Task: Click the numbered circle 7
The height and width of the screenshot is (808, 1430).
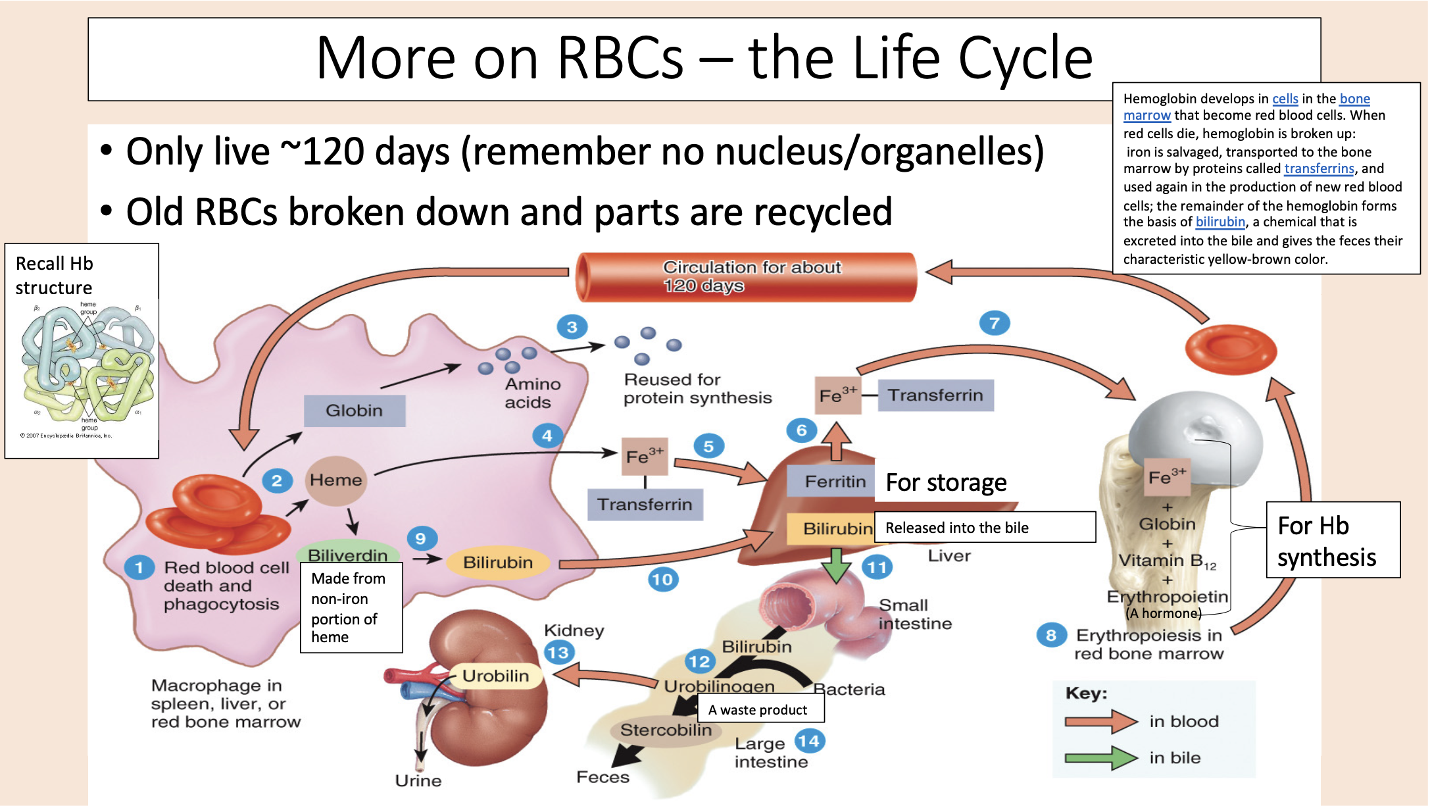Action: pyautogui.click(x=994, y=323)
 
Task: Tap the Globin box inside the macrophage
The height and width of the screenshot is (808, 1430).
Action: pyautogui.click(x=354, y=411)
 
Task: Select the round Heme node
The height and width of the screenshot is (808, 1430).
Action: pyautogui.click(x=335, y=480)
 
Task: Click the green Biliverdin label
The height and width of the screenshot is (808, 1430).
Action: pyautogui.click(x=347, y=555)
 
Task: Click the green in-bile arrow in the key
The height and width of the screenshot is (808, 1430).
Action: pyautogui.click(x=1101, y=758)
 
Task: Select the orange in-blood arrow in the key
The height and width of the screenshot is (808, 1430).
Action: pyautogui.click(x=1101, y=721)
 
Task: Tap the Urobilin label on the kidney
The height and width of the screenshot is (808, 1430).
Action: pyautogui.click(x=495, y=676)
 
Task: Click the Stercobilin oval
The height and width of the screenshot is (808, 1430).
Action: pyautogui.click(x=665, y=730)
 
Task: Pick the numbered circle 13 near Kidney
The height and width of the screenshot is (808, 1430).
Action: pyautogui.click(x=559, y=653)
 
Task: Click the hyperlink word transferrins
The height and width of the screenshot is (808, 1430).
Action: pyautogui.click(x=1319, y=169)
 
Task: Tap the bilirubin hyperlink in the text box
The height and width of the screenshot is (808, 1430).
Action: pyautogui.click(x=1220, y=222)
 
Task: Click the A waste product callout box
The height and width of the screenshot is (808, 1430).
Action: pyautogui.click(x=757, y=710)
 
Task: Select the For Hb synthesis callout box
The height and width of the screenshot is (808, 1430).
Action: pyautogui.click(x=1333, y=540)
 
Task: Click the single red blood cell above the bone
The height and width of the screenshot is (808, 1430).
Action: pyautogui.click(x=1230, y=349)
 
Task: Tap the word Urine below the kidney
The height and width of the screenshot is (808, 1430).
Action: pyautogui.click(x=418, y=780)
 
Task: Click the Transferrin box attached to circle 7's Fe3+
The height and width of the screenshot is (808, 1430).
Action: pyautogui.click(x=935, y=395)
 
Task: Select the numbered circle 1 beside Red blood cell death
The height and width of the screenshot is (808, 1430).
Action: pyautogui.click(x=139, y=567)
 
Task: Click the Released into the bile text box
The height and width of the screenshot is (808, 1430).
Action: pyautogui.click(x=984, y=528)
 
